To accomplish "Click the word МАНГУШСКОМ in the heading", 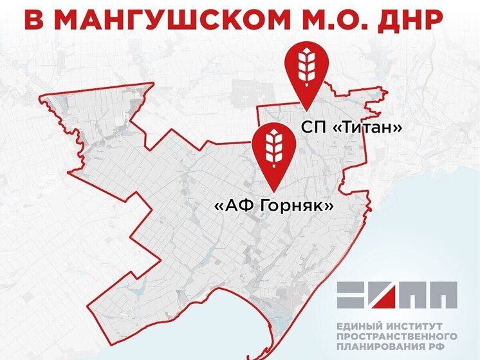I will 182,20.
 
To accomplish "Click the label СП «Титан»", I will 352,128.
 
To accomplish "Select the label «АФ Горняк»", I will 273,206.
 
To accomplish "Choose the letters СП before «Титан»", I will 311,128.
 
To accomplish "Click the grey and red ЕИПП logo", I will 397,294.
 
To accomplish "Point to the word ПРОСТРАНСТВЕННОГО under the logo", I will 396,337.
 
